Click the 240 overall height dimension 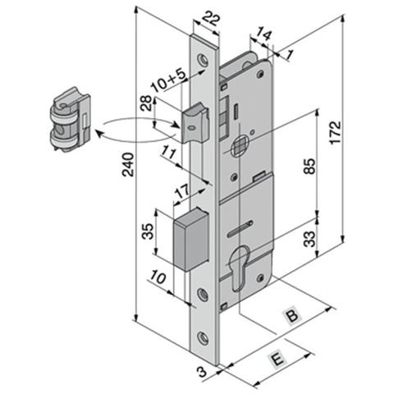128,164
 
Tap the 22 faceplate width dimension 211,19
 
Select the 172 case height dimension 335,132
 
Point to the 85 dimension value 309,166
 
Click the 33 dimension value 310,239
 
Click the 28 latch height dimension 147,103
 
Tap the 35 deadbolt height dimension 149,231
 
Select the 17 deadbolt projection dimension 182,191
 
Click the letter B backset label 292,315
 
